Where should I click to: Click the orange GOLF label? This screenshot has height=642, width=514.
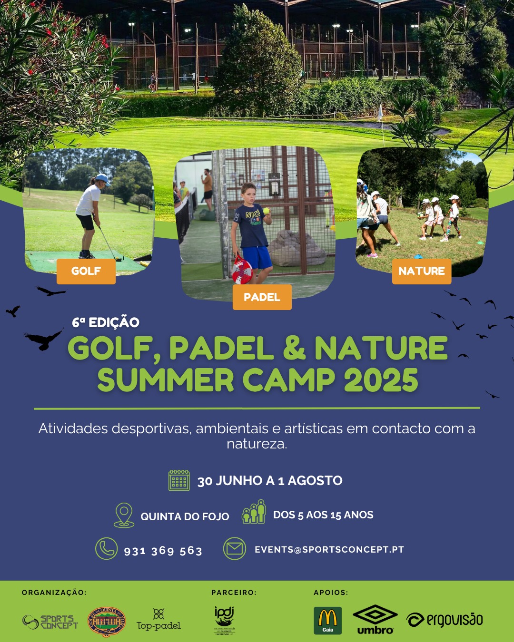click(x=86, y=271)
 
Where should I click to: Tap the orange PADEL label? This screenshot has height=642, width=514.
click(x=262, y=297)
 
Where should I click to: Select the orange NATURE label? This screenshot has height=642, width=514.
click(x=421, y=271)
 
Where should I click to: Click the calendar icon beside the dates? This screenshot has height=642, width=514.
click(x=179, y=480)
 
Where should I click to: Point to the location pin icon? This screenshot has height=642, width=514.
click(x=124, y=515)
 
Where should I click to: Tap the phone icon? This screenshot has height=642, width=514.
click(x=107, y=549)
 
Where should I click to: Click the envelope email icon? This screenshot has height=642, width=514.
click(x=234, y=549)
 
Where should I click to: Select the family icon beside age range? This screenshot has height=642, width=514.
click(x=254, y=512)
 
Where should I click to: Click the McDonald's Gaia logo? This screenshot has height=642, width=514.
click(x=327, y=620)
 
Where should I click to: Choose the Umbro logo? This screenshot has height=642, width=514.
click(x=375, y=619)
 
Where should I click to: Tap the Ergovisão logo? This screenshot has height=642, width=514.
click(x=445, y=620)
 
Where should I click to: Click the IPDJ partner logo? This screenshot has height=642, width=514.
click(x=224, y=620)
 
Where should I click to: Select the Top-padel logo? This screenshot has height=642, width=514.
click(x=158, y=620)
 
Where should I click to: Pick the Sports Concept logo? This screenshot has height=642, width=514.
click(x=50, y=622)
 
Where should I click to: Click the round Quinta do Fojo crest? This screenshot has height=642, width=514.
click(x=107, y=622)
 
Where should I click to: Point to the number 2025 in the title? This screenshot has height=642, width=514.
click(x=381, y=380)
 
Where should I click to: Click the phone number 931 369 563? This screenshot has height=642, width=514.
click(x=163, y=551)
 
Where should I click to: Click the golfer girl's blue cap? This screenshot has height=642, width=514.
click(x=102, y=179)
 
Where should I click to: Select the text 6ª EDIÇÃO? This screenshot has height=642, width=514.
click(x=106, y=322)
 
